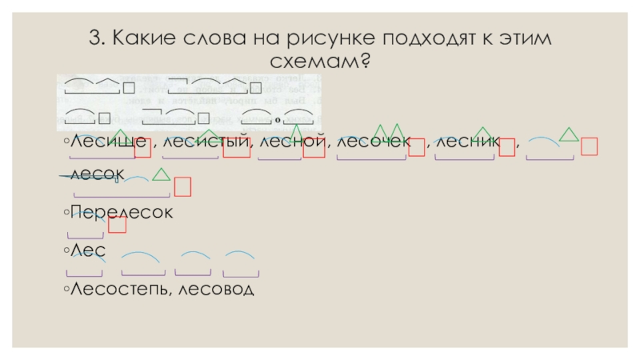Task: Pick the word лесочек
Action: coord(373,142)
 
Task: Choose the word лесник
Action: coord(466,142)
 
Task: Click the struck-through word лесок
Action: coord(97,173)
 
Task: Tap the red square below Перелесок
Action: coord(118,225)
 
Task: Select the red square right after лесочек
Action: coord(416,146)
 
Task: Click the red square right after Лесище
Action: coord(143,146)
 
